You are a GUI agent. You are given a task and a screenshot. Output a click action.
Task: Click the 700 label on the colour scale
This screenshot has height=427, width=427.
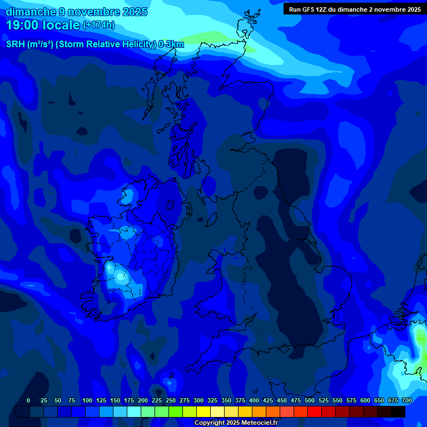pyautogui.click(x=407, y=400)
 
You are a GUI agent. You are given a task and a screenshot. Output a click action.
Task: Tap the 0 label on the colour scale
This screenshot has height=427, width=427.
pyautogui.click(x=28, y=400)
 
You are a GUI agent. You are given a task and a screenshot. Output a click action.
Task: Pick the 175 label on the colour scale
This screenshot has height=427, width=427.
pyautogui.click(x=129, y=400)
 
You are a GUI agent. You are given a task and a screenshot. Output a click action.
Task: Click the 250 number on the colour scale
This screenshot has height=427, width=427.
pyautogui.click(x=171, y=400)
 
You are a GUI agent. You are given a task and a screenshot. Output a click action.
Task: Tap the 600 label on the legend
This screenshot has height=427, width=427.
pyautogui.click(x=365, y=400)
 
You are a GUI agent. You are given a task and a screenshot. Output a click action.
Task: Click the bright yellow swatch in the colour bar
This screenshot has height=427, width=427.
pyautogui.click(x=203, y=411)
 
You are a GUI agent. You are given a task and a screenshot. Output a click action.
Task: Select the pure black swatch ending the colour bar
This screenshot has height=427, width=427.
pyautogui.click(x=398, y=411)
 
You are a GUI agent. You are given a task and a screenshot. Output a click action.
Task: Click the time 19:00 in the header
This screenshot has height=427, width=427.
pyautogui.click(x=22, y=25)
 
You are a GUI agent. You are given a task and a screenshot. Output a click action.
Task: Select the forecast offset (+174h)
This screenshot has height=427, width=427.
pyautogui.click(x=99, y=25)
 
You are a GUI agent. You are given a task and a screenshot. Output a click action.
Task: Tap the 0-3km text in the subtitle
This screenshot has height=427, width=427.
pyautogui.click(x=171, y=44)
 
